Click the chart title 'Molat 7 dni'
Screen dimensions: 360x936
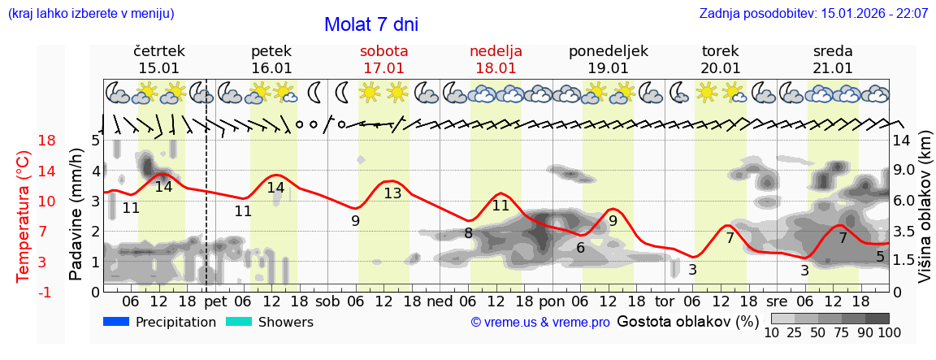[x=370, y=24]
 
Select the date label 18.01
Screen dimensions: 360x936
[x=496, y=68]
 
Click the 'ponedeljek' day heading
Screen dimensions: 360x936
[x=608, y=50]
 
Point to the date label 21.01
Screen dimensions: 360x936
[x=833, y=68]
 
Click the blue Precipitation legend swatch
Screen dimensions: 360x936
[x=117, y=322]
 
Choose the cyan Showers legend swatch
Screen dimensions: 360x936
[x=239, y=322]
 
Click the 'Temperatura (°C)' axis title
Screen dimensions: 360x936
[x=24, y=217]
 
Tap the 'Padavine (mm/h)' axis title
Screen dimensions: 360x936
[x=76, y=215]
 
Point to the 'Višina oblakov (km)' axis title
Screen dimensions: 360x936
[x=925, y=208]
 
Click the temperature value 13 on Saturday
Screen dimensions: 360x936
[x=392, y=193]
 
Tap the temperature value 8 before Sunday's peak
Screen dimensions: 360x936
[x=469, y=233]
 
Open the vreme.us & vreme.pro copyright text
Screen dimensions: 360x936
[x=540, y=322]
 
